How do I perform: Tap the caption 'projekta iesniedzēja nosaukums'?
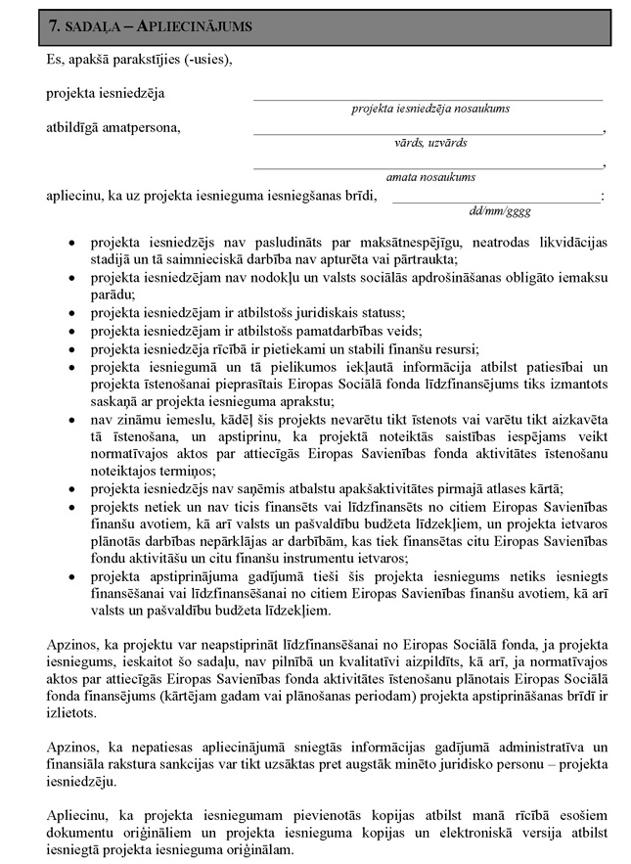[430, 109]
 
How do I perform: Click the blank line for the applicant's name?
[428, 99]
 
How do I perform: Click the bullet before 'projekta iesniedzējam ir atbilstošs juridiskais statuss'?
[69, 313]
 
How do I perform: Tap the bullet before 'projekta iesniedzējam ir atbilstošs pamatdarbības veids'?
[69, 331]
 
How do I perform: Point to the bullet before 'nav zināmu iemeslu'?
[69, 419]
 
